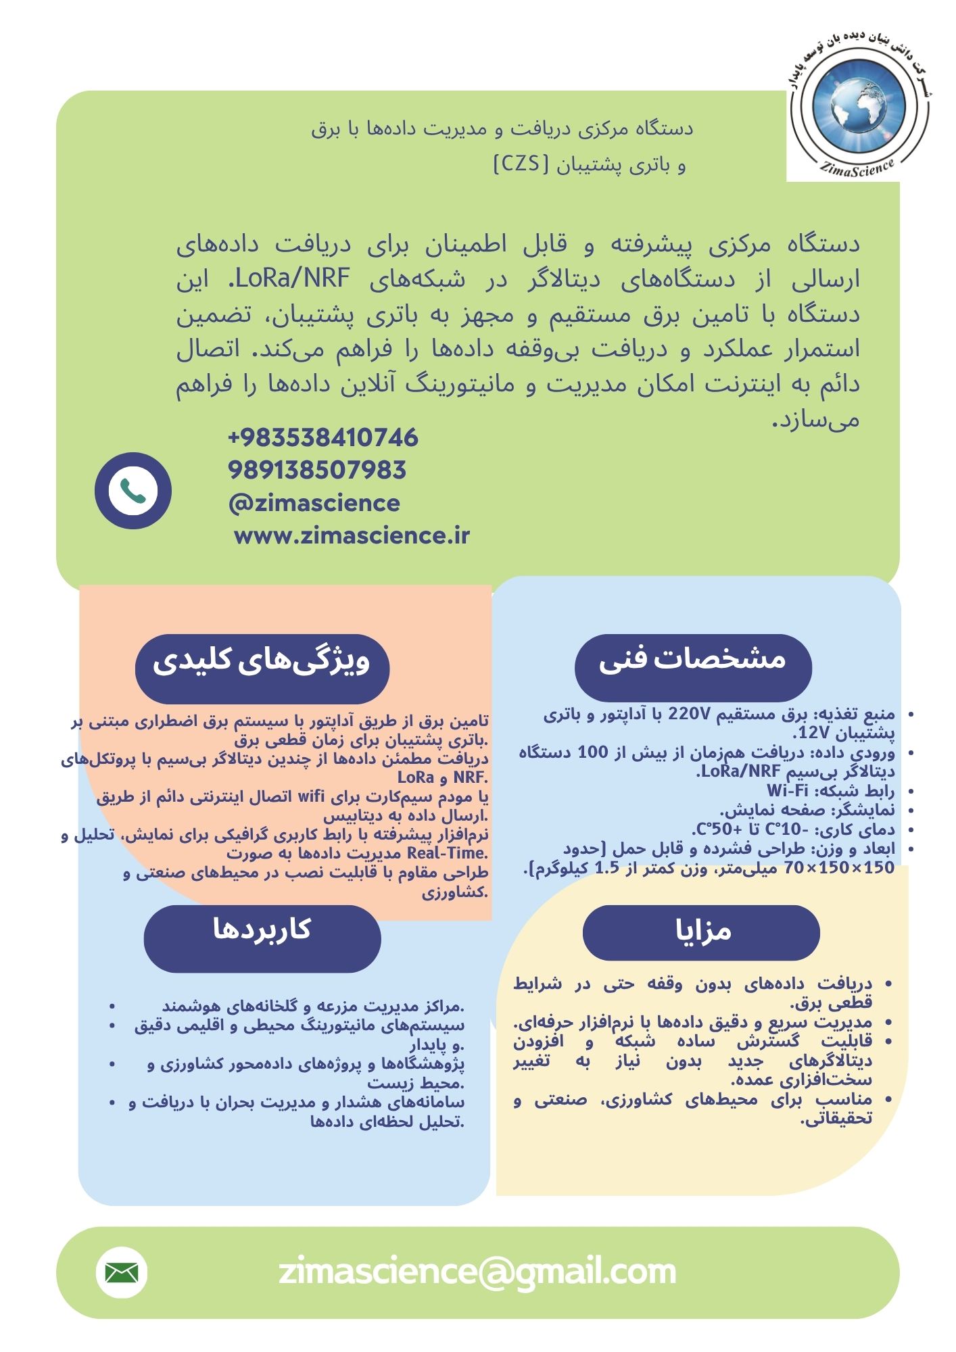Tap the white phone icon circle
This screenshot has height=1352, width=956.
[133, 491]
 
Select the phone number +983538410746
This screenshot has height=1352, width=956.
[323, 438]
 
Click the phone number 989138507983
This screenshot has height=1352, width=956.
[316, 470]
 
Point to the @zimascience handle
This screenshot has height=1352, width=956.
[314, 503]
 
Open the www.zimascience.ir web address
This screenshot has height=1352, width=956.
[352, 536]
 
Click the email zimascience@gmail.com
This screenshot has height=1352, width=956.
[477, 1272]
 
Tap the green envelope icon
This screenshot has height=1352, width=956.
[122, 1273]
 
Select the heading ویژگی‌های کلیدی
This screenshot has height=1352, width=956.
[262, 661]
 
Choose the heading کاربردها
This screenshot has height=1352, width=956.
[262, 930]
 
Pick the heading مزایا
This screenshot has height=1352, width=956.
[702, 932]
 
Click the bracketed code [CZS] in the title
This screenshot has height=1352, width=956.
[521, 164]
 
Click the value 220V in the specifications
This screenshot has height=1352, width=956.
[688, 714]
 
